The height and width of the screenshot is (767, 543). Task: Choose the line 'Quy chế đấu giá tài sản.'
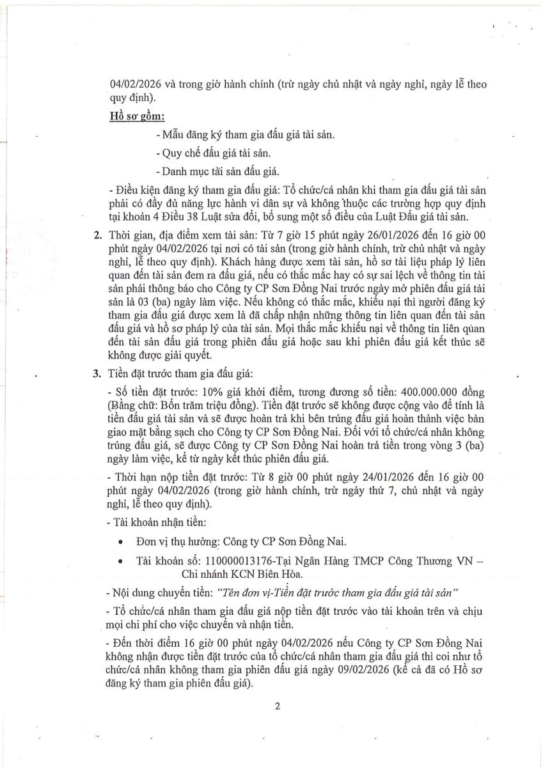pos(213,153)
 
